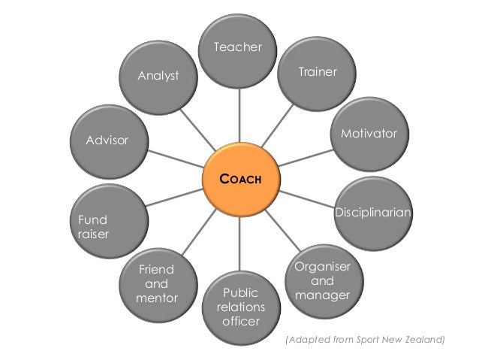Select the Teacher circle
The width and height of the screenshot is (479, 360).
click(x=239, y=60)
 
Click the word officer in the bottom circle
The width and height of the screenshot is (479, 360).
click(x=239, y=322)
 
